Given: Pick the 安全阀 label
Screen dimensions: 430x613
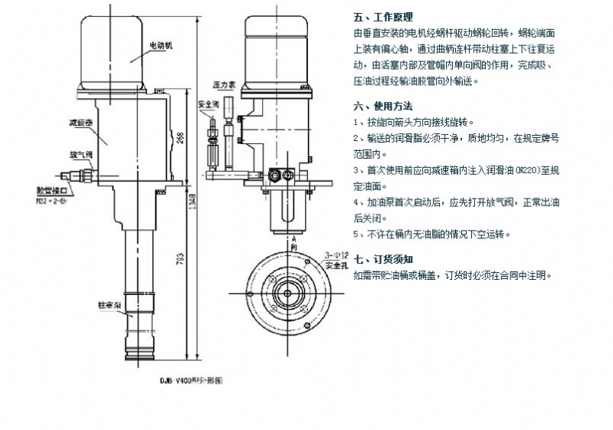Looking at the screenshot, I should (209, 104).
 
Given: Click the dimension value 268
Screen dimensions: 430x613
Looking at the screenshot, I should (181, 138).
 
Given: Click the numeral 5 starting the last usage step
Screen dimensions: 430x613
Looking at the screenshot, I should (356, 235).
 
